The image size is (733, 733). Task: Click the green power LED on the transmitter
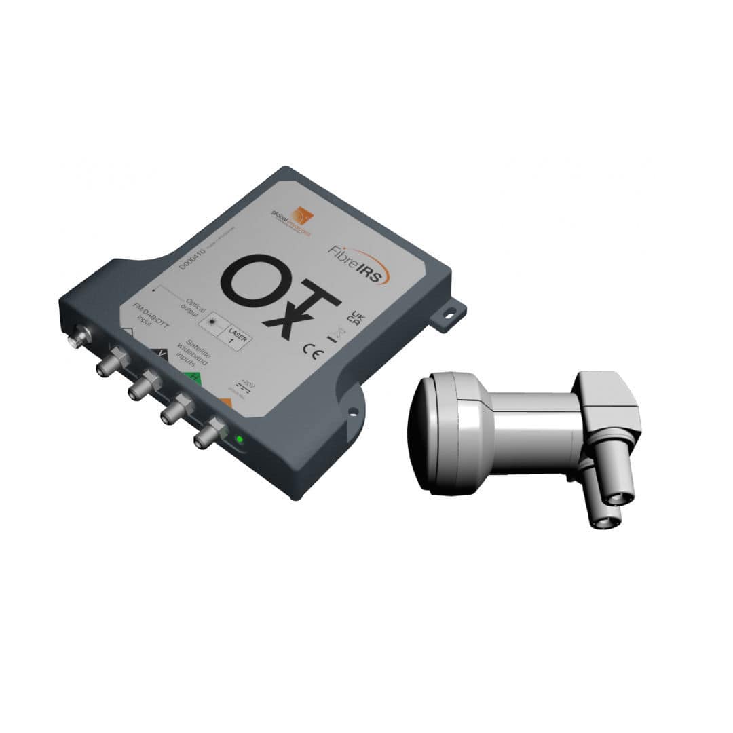coord(238,440)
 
